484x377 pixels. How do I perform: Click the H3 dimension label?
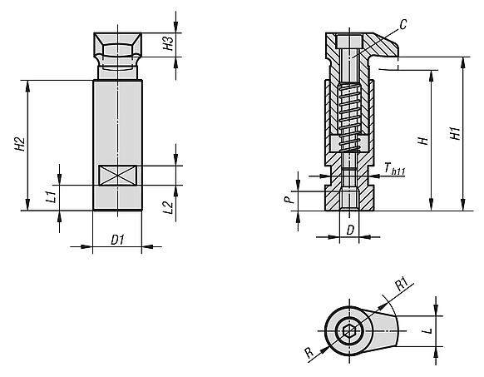[x=168, y=45]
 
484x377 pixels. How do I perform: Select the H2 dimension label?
[x=18, y=145]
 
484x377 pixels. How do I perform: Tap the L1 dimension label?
[x=51, y=196]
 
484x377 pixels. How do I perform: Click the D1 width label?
[x=118, y=241]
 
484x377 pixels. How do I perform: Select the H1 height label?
[x=454, y=133]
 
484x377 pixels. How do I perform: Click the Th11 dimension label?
[x=394, y=171]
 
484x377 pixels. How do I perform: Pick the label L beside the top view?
[x=427, y=332]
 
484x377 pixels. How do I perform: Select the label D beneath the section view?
[x=350, y=229]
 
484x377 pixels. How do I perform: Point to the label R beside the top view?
[x=309, y=355]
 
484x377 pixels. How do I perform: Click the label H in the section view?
[x=422, y=141]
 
